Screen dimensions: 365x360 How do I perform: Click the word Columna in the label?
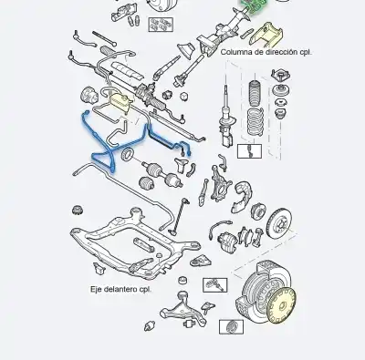click(236, 52)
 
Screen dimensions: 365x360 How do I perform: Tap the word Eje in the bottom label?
click(97, 289)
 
